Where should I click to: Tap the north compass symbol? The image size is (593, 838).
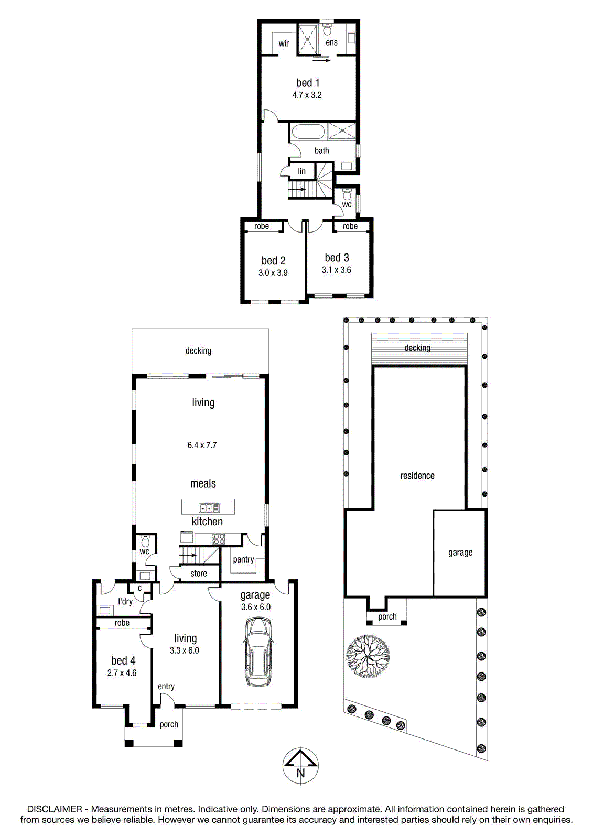[x=300, y=765]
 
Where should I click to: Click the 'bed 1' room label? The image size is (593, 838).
[x=308, y=82]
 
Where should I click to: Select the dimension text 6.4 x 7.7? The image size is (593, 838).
[x=202, y=445]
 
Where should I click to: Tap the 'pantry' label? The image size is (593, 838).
[x=243, y=560]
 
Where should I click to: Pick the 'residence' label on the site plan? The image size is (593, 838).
[x=417, y=476]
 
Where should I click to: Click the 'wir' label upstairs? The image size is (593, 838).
[x=284, y=43]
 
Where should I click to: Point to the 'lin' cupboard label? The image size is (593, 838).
[x=302, y=171]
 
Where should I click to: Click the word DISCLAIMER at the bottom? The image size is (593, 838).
[x=55, y=809]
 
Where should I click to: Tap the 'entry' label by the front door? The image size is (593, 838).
[x=166, y=687]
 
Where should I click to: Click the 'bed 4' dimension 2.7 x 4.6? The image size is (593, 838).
[x=122, y=672]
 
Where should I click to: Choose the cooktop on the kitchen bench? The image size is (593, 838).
[x=219, y=539]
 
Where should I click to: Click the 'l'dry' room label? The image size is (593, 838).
[x=125, y=602]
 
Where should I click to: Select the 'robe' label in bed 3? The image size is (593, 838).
[x=350, y=226]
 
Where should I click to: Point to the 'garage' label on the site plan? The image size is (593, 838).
[x=460, y=553]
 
